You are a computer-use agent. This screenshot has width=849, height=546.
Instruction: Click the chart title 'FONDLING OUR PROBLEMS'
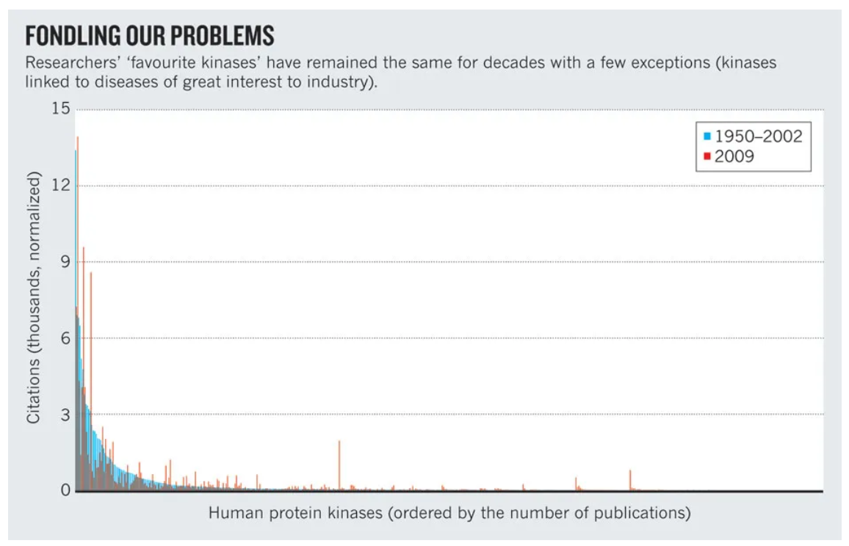click(x=150, y=35)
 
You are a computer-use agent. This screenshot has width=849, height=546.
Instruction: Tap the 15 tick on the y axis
click(x=61, y=109)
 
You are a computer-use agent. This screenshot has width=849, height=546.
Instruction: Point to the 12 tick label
click(x=61, y=186)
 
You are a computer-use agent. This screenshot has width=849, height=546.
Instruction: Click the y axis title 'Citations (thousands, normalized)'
click(x=33, y=298)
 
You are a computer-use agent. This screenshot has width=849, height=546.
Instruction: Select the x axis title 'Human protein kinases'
click(x=449, y=512)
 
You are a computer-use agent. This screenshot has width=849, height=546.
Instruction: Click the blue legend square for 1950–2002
click(x=707, y=136)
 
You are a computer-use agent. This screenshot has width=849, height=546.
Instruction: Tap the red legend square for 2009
click(x=707, y=156)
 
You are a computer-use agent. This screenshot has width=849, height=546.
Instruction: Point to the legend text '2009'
click(x=734, y=156)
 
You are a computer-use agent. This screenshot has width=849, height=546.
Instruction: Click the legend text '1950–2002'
click(x=759, y=136)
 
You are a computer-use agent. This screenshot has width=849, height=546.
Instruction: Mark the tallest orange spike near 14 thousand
click(x=78, y=139)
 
